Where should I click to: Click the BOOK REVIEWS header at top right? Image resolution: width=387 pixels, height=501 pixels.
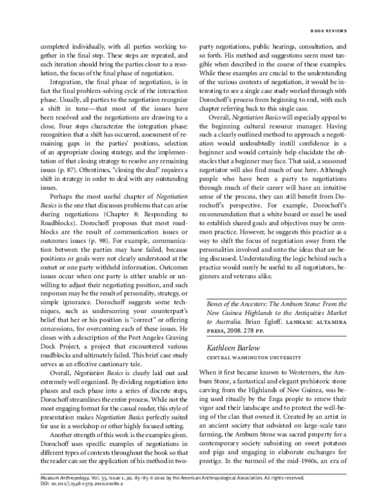(x=329, y=30)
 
